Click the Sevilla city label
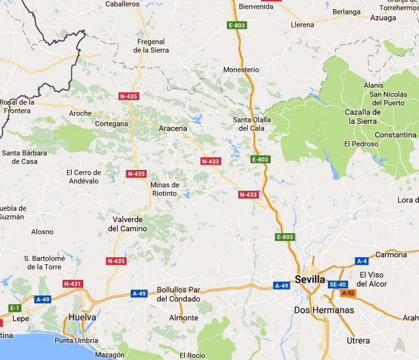coord(310,279)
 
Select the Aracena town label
coord(172,128)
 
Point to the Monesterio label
coord(241,70)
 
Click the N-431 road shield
coord(73,284)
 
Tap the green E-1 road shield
coord(14,307)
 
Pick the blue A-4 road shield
coord(362,261)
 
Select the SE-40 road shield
coord(337,284)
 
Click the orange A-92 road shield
coord(349,293)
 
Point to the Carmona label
coord(390,255)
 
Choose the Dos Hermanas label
coord(324,310)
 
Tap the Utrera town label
coord(358,340)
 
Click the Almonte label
coord(183,318)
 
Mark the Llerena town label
coord(303,25)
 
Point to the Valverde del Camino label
coord(128,223)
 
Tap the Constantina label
coord(395,135)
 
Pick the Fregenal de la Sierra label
coord(151,46)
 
